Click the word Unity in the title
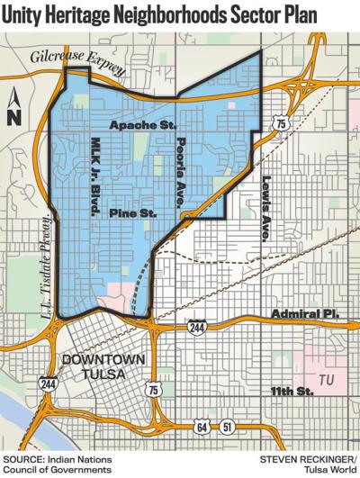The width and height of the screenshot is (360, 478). [26, 15]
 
